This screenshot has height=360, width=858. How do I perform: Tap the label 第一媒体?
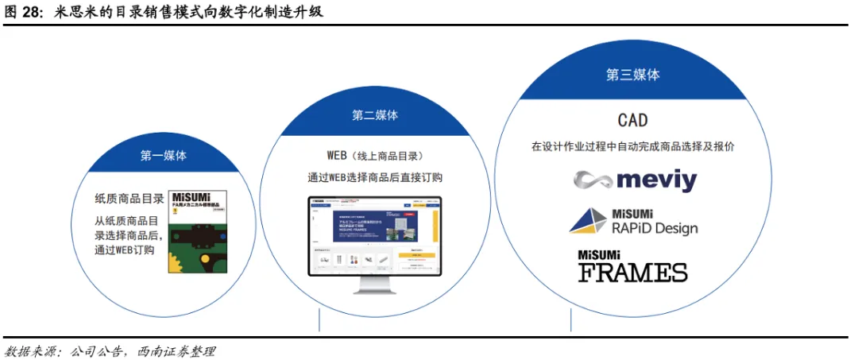(x=164, y=156)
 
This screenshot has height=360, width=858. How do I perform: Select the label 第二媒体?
(x=375, y=115)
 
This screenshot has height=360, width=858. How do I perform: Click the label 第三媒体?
(x=632, y=75)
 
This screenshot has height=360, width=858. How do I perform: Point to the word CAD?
(x=632, y=120)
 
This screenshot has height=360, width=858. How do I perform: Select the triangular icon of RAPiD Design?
(x=589, y=221)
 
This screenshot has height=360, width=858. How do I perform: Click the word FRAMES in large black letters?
(x=632, y=273)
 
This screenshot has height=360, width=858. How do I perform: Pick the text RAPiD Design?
(x=654, y=228)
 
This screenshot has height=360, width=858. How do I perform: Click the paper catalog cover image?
(x=198, y=231)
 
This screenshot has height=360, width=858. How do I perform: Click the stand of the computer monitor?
(x=374, y=286)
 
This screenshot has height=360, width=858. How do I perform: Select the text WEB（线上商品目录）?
(x=375, y=155)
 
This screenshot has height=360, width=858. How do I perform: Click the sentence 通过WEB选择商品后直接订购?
(x=375, y=177)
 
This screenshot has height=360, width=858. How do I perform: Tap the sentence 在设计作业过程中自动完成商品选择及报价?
(x=632, y=147)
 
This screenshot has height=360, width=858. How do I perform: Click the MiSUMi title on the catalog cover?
(x=197, y=195)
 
